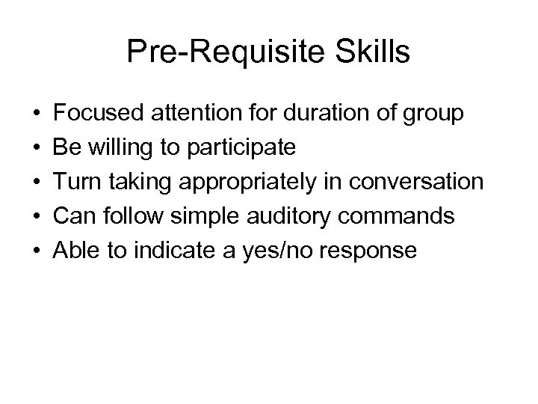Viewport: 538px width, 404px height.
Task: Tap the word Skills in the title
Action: [372, 52]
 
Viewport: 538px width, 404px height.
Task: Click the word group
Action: [434, 115]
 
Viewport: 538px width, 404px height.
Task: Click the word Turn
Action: [78, 183]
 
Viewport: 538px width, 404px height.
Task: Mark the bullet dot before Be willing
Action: [37, 148]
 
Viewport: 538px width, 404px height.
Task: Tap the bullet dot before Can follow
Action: [37, 217]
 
